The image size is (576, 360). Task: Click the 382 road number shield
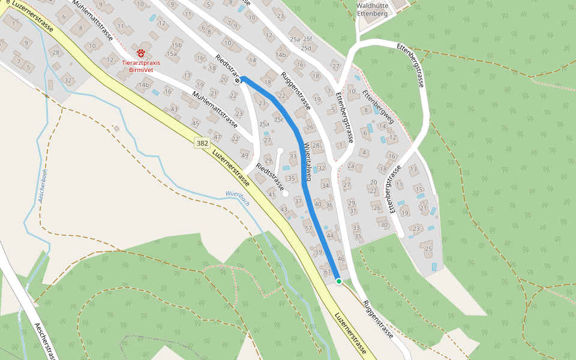[x=202, y=143]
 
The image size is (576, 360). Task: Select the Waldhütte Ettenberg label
[x=373, y=9]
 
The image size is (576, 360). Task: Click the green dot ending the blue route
[x=338, y=281]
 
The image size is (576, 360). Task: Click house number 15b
[x=176, y=45]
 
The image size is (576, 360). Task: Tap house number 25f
[x=307, y=38]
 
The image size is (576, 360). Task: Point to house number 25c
[x=279, y=119]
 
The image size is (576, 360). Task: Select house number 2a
[x=351, y=165]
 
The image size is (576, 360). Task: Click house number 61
[x=327, y=272]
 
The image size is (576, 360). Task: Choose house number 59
[x=318, y=252]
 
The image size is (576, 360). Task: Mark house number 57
[x=308, y=228]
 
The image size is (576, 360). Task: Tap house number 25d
[x=307, y=48]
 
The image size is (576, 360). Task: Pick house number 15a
[x=172, y=53]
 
